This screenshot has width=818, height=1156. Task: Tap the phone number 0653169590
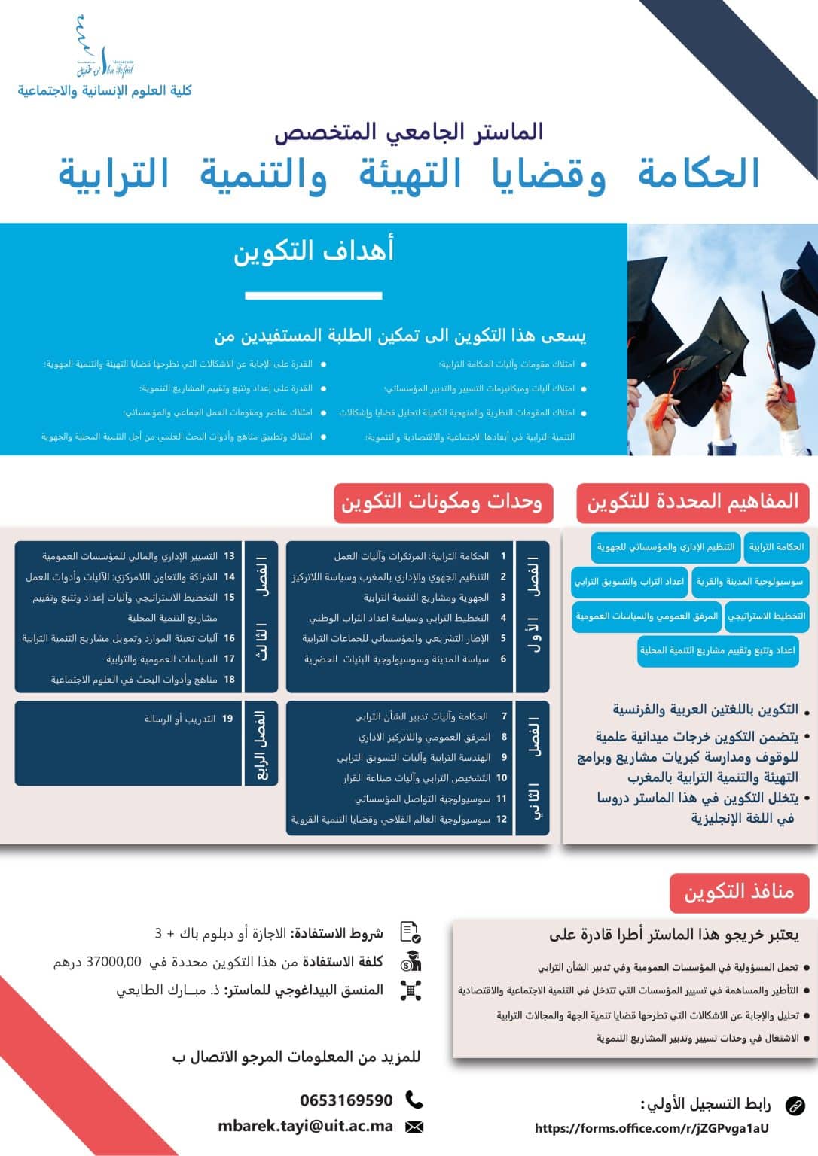pos(346,1100)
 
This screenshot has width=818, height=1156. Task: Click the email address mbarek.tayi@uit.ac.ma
pos(306,1127)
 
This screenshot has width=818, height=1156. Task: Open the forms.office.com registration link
pos(652,1128)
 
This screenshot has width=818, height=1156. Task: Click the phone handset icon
pos(414,1100)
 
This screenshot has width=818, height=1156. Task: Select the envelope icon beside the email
pos(414,1127)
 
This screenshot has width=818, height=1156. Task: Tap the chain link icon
pos(795,1106)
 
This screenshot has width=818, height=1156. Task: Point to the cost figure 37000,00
pos(114,962)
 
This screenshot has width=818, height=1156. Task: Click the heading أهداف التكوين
pos(313,251)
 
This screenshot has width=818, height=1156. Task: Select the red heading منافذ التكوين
pos(739,893)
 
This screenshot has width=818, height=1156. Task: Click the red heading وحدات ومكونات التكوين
pos(442,502)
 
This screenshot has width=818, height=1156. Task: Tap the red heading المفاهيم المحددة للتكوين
pos(693,502)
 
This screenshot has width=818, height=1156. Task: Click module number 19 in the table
pos(227,719)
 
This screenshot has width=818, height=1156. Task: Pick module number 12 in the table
pos(502,819)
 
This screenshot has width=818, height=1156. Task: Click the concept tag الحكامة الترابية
pos(776,547)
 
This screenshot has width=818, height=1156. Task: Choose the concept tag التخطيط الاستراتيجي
pos(767,616)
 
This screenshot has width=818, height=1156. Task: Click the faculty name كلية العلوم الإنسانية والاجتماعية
pos(105,91)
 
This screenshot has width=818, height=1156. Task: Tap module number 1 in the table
pos(503,556)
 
